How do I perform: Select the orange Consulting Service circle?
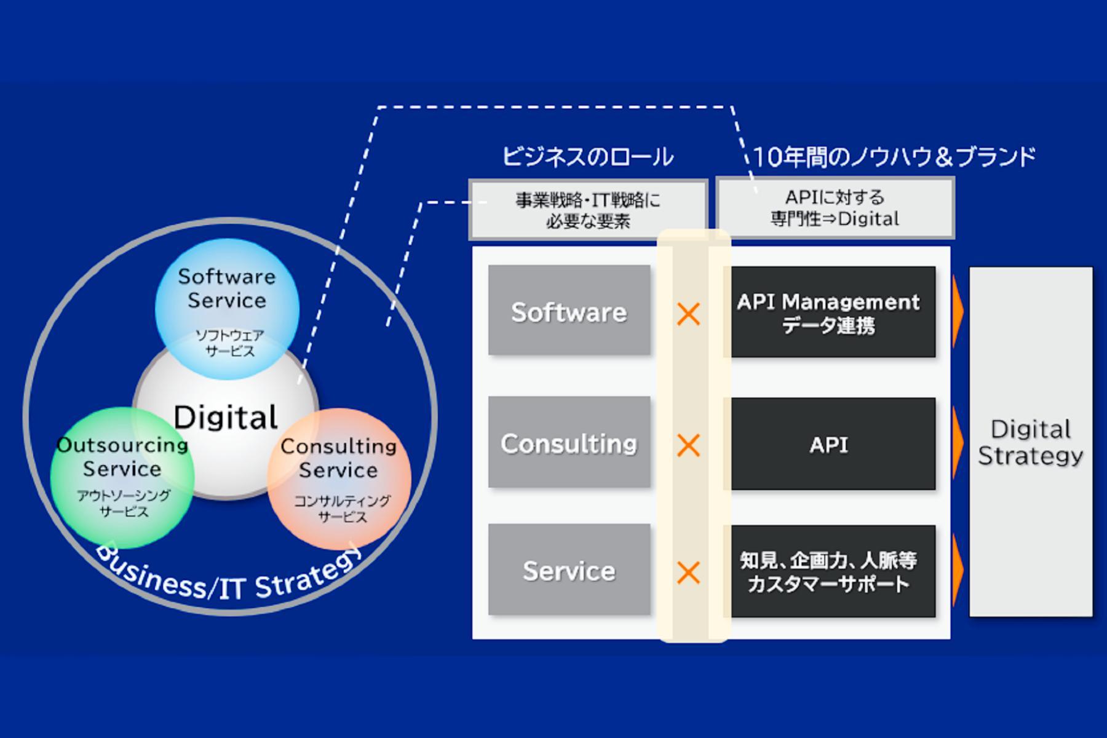tap(339, 480)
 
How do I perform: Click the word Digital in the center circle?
tap(226, 418)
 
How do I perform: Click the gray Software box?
tap(569, 311)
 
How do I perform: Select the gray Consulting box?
tap(569, 443)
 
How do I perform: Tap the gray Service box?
tap(569, 570)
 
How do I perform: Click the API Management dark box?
tap(828, 312)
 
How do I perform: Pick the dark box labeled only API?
tap(828, 444)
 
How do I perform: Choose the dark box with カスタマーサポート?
tap(828, 571)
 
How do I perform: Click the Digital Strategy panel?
tap(1031, 442)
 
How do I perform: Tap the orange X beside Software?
tap(688, 314)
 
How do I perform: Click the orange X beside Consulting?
tap(688, 445)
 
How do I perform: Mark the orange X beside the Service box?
tap(688, 573)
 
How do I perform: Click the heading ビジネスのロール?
tap(588, 157)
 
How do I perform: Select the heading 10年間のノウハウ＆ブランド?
tap(894, 157)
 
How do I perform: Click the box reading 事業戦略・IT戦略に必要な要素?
tap(588, 210)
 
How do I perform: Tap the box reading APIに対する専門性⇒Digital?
tap(835, 208)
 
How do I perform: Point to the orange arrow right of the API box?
tap(957, 437)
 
